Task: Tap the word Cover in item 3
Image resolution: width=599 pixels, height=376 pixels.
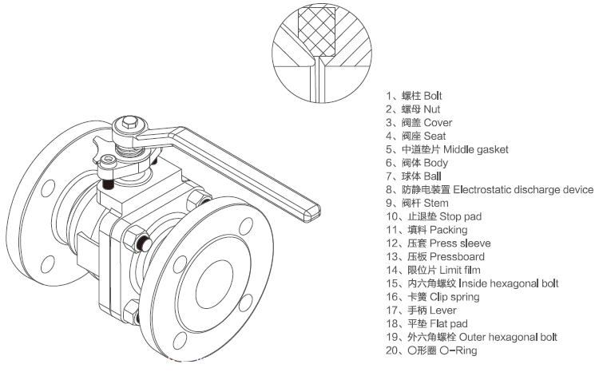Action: click(x=438, y=123)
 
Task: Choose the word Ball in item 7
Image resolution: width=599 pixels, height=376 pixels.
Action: click(x=433, y=176)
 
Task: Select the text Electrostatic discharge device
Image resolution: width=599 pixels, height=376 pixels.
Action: click(x=523, y=189)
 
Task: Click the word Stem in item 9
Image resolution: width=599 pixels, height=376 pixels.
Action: click(x=437, y=203)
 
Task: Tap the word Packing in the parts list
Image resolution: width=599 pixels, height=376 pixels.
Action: click(x=448, y=230)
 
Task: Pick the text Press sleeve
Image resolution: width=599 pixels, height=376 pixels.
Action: click(x=459, y=243)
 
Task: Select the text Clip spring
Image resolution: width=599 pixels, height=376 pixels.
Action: click(x=454, y=296)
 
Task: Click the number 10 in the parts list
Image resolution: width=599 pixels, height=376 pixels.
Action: click(x=391, y=216)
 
